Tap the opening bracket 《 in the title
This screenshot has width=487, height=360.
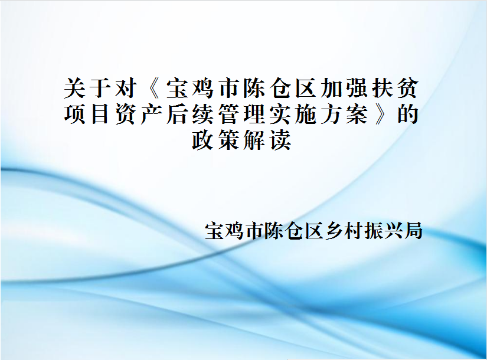point(152,88)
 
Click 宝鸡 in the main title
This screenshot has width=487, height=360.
point(190,88)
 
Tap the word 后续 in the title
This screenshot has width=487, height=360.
point(190,114)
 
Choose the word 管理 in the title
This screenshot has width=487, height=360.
point(241,114)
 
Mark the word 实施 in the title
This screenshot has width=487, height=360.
point(293,114)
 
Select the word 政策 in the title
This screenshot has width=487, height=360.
point(216,140)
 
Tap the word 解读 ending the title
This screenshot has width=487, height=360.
point(267,140)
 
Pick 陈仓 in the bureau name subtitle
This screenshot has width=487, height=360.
point(284,231)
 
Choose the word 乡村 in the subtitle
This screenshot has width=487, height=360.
point(344,231)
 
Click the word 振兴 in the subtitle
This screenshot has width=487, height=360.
point(384,231)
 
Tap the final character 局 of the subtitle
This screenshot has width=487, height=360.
point(413,231)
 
